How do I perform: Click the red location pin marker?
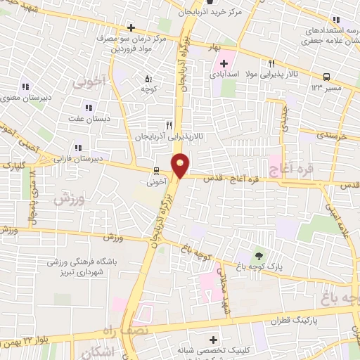(181, 166)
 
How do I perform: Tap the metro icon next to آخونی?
(157, 170)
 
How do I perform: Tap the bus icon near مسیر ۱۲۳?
(326, 77)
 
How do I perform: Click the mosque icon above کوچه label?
(148, 79)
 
